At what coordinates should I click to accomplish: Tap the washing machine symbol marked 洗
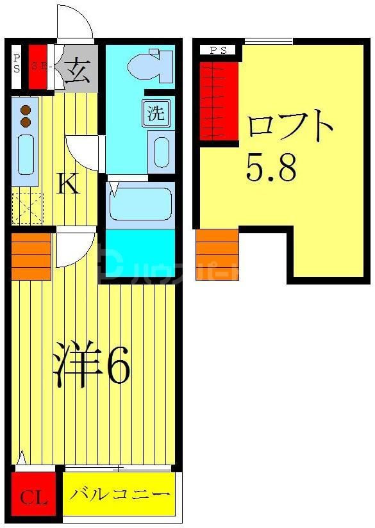(156, 114)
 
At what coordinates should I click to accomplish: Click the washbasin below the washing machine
(161, 151)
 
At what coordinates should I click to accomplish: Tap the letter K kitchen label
(69, 185)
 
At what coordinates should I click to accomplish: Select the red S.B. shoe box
(37, 66)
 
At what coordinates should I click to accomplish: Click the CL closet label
(33, 497)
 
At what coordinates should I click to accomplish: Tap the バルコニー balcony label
(120, 495)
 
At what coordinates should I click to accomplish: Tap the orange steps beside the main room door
(31, 256)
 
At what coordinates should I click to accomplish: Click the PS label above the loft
(218, 50)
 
